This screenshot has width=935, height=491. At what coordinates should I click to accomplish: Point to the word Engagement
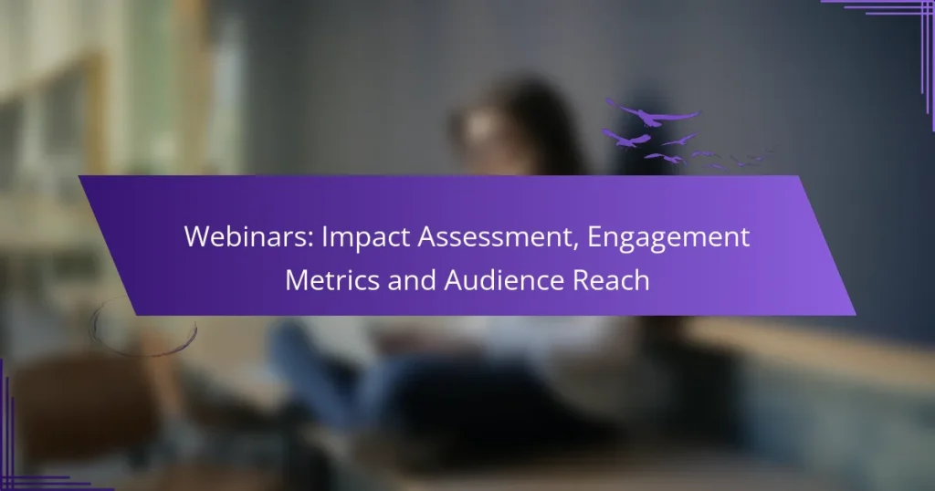click(669, 237)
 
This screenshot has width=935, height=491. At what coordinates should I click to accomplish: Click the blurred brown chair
click(73, 402)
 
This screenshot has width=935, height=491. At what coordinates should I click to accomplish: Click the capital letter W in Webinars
click(195, 237)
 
